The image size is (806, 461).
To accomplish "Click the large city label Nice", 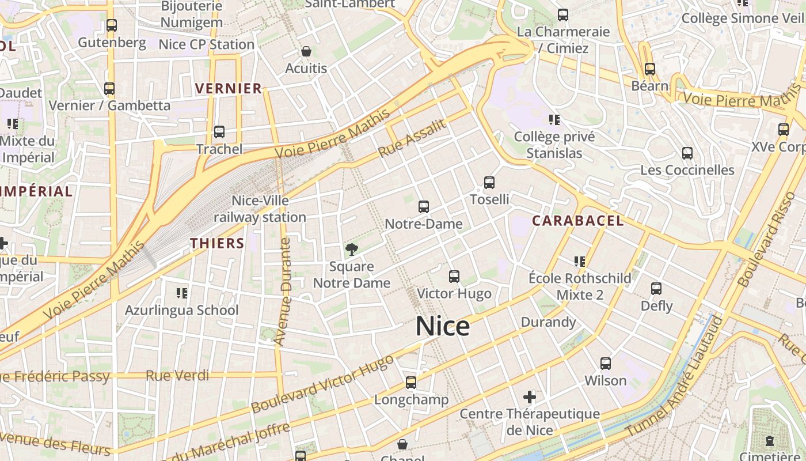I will (443, 327).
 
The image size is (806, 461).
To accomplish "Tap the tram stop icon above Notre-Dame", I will (424, 206).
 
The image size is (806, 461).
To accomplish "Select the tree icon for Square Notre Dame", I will (351, 250).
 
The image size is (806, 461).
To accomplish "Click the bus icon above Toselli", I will (489, 183).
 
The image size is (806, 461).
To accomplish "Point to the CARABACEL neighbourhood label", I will (577, 221).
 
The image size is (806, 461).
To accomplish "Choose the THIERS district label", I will (218, 243).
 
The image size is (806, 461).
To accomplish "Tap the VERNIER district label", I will (229, 88).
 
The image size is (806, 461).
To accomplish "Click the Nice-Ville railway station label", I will (260, 209).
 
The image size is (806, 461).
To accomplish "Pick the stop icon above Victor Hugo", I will (454, 277).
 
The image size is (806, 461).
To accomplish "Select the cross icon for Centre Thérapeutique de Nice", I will (530, 397).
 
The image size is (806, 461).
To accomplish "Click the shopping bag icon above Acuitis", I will (306, 51).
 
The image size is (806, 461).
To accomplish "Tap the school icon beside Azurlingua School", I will (182, 293).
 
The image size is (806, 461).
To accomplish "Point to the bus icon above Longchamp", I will (411, 383).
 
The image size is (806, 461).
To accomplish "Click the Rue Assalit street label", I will (412, 139).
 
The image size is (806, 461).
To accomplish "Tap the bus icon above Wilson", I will (606, 364).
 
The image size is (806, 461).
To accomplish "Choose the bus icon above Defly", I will (656, 289).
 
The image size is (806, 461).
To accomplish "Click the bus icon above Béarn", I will (650, 69).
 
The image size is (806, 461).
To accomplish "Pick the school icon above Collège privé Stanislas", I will (554, 120).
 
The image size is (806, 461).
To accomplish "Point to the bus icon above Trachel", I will (219, 132).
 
